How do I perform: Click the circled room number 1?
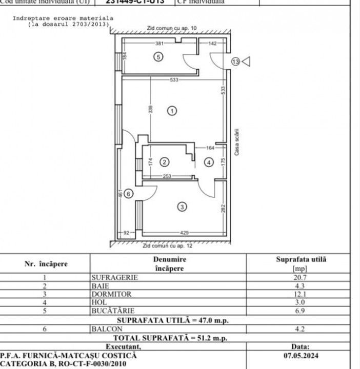point(172,110)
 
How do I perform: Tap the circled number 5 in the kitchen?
point(158,57)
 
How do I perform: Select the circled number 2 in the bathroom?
point(164,162)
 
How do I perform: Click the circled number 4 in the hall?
point(207,162)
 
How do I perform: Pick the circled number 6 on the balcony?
point(129,193)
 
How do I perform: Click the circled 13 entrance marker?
point(235,61)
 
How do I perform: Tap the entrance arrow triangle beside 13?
point(246,61)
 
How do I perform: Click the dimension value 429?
point(183,233)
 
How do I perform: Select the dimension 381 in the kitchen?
point(159,44)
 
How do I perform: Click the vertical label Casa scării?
point(236,142)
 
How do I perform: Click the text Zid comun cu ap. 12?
point(167,246)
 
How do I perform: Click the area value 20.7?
point(301,277)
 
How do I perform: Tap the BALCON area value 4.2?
point(301,329)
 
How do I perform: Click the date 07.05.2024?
point(300,354)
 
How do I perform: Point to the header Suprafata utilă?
point(301,259)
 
